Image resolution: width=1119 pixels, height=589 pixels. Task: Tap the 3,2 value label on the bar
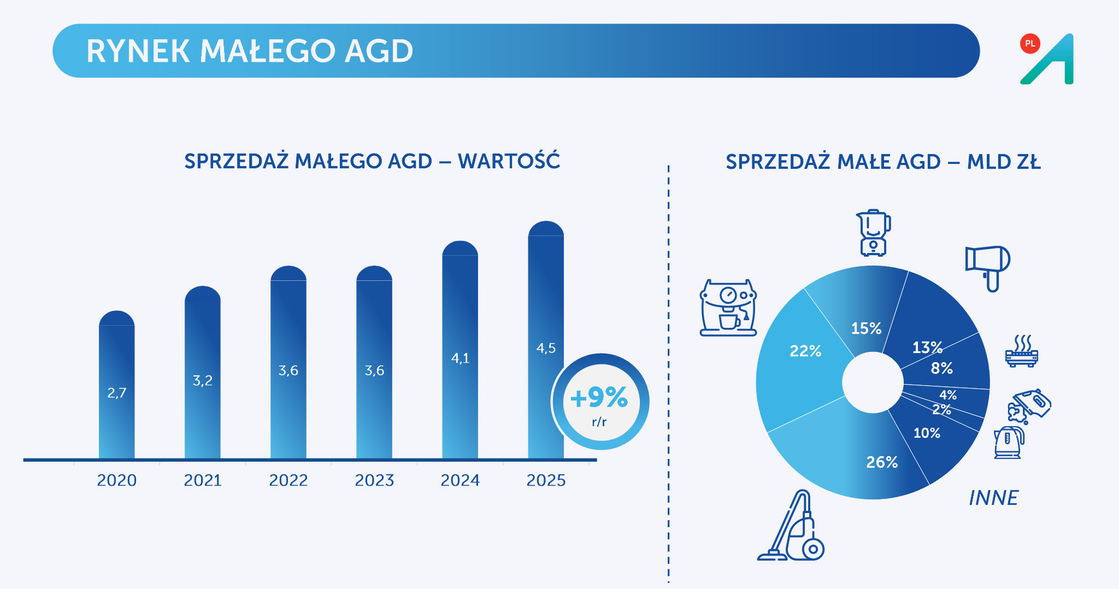click(202, 380)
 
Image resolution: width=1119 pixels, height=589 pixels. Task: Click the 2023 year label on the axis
click(374, 480)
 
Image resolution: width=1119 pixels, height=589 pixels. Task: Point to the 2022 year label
click(288, 480)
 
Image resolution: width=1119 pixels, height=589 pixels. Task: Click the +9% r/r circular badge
click(600, 402)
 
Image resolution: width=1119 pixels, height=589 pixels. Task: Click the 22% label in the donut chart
click(805, 351)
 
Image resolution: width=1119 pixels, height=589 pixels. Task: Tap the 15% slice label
click(866, 328)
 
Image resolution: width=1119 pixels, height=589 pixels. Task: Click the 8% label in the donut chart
click(941, 368)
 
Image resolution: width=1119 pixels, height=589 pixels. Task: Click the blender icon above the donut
click(873, 233)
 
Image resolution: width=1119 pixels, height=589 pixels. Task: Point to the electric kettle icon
click(1009, 442)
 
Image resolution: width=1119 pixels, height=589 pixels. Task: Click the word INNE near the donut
click(993, 498)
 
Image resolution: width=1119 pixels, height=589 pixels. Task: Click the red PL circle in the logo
click(1030, 44)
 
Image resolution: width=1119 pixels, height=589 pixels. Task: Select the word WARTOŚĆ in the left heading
click(509, 161)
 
